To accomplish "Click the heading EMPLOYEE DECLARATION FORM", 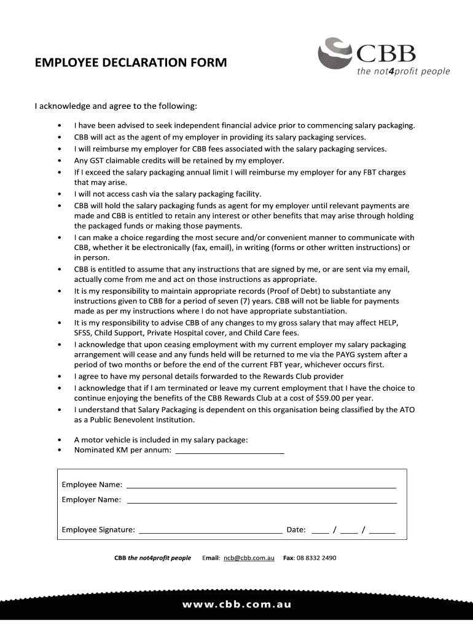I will tap(130, 63).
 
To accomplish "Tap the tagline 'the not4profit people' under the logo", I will tap(404, 72).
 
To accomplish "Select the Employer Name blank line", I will tap(261, 501).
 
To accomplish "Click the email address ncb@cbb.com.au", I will tap(249, 558).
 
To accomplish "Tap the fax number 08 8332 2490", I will tap(316, 558).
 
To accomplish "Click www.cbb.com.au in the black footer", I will tap(237, 604).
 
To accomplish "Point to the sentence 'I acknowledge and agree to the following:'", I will tap(115, 106).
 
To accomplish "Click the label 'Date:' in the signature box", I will tap(296, 530).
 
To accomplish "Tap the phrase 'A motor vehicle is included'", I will tap(122, 440).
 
